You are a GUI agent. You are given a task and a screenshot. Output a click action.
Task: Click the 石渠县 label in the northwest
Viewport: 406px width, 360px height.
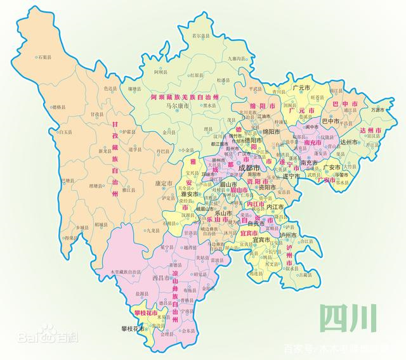[44, 57]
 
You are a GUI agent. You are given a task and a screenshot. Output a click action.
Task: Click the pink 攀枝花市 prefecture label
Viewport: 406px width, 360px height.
[147, 312]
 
